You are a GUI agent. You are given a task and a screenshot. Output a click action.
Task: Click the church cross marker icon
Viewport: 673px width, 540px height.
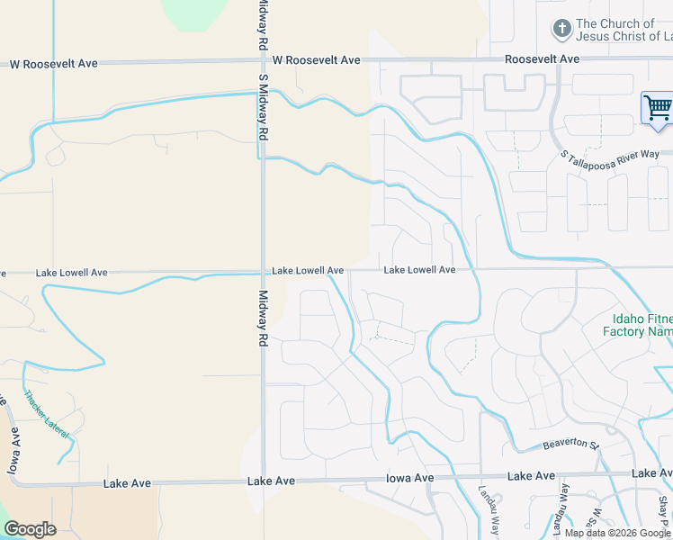point(562,29)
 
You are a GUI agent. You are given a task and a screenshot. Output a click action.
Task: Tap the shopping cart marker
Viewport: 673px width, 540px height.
point(658,109)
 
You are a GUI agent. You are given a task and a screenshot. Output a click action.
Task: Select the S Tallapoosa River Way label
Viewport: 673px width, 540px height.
point(609,156)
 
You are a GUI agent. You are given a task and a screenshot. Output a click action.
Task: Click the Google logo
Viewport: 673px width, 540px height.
point(30,529)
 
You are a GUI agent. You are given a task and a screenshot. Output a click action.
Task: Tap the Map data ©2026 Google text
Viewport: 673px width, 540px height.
point(617,533)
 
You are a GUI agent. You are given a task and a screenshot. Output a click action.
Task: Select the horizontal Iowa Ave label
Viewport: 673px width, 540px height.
point(410,478)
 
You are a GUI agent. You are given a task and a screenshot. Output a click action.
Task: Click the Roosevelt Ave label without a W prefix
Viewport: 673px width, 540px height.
point(542,59)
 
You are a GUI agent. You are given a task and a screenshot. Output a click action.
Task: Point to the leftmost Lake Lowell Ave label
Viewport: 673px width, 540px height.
point(71,272)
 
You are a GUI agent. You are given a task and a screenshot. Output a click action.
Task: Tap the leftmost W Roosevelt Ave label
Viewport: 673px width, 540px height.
point(53,64)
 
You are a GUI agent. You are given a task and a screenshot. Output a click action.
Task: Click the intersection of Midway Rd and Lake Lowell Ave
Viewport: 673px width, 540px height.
point(263,270)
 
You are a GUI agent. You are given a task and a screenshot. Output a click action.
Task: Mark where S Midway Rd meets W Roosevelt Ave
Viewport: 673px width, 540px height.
point(262,61)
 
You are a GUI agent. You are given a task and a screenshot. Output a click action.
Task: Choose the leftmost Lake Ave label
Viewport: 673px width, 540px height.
point(127,483)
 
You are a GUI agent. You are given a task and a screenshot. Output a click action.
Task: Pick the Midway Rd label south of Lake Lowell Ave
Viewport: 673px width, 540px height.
point(264,319)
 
